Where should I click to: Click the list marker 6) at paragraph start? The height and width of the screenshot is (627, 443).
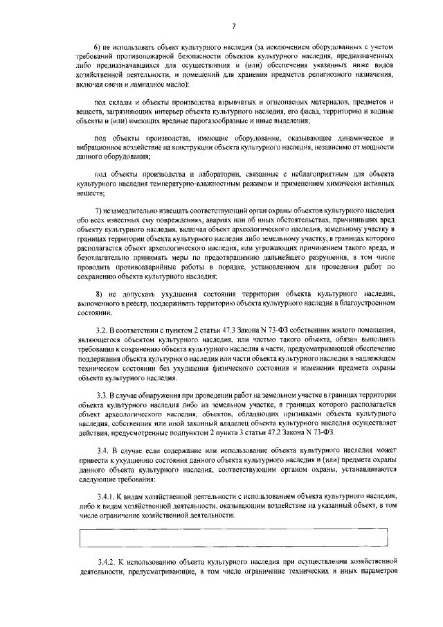[x=98, y=54]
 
